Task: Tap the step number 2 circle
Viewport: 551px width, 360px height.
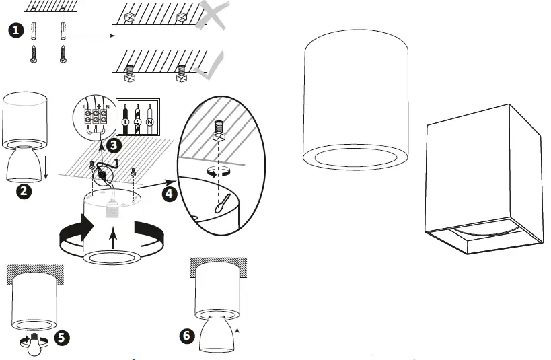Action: click(x=24, y=191)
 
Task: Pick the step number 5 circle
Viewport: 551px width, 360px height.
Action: click(x=61, y=337)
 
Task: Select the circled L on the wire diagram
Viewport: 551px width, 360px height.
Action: click(x=125, y=123)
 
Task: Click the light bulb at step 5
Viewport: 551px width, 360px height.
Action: click(x=33, y=343)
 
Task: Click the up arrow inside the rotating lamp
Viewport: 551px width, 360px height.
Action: click(x=112, y=236)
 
